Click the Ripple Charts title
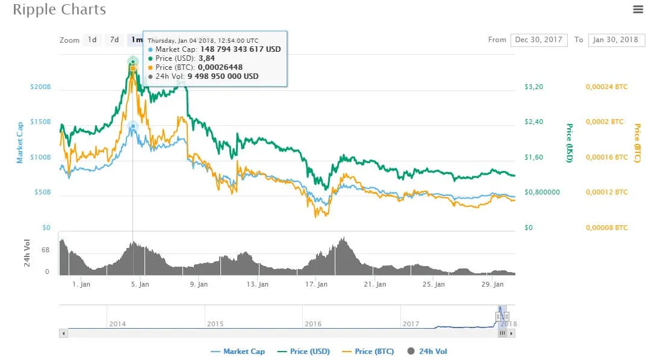59,10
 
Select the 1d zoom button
92,40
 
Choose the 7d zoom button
114,40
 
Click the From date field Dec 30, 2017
539,40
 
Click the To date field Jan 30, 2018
616,40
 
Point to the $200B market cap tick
40,87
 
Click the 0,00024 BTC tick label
606,87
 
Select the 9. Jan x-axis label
199,284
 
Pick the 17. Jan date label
316,284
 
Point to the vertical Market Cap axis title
20,142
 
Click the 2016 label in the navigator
313,324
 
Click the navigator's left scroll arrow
63,333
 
